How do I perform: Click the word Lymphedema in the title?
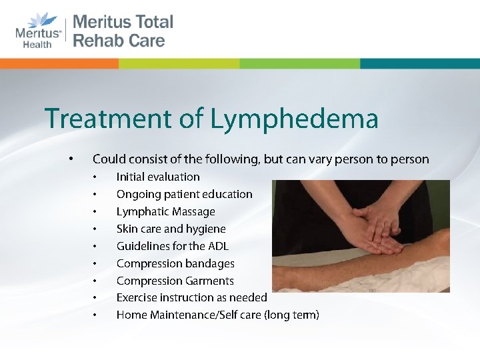pyautogui.click(x=294, y=119)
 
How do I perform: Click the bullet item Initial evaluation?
pyautogui.click(x=158, y=177)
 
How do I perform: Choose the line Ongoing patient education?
pyautogui.click(x=184, y=194)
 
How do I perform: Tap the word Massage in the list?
pyautogui.click(x=193, y=211)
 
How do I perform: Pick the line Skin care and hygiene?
pyautogui.click(x=171, y=229)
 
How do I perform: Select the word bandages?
pyautogui.click(x=211, y=263)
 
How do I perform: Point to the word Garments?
pyautogui.click(x=210, y=281)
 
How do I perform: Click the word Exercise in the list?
pyautogui.click(x=137, y=297)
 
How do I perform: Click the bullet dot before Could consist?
pyautogui.click(x=70, y=159)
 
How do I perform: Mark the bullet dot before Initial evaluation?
pyautogui.click(x=96, y=177)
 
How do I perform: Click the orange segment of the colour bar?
pyautogui.click(x=60, y=63)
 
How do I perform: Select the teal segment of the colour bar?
pyautogui.click(x=420, y=63)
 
